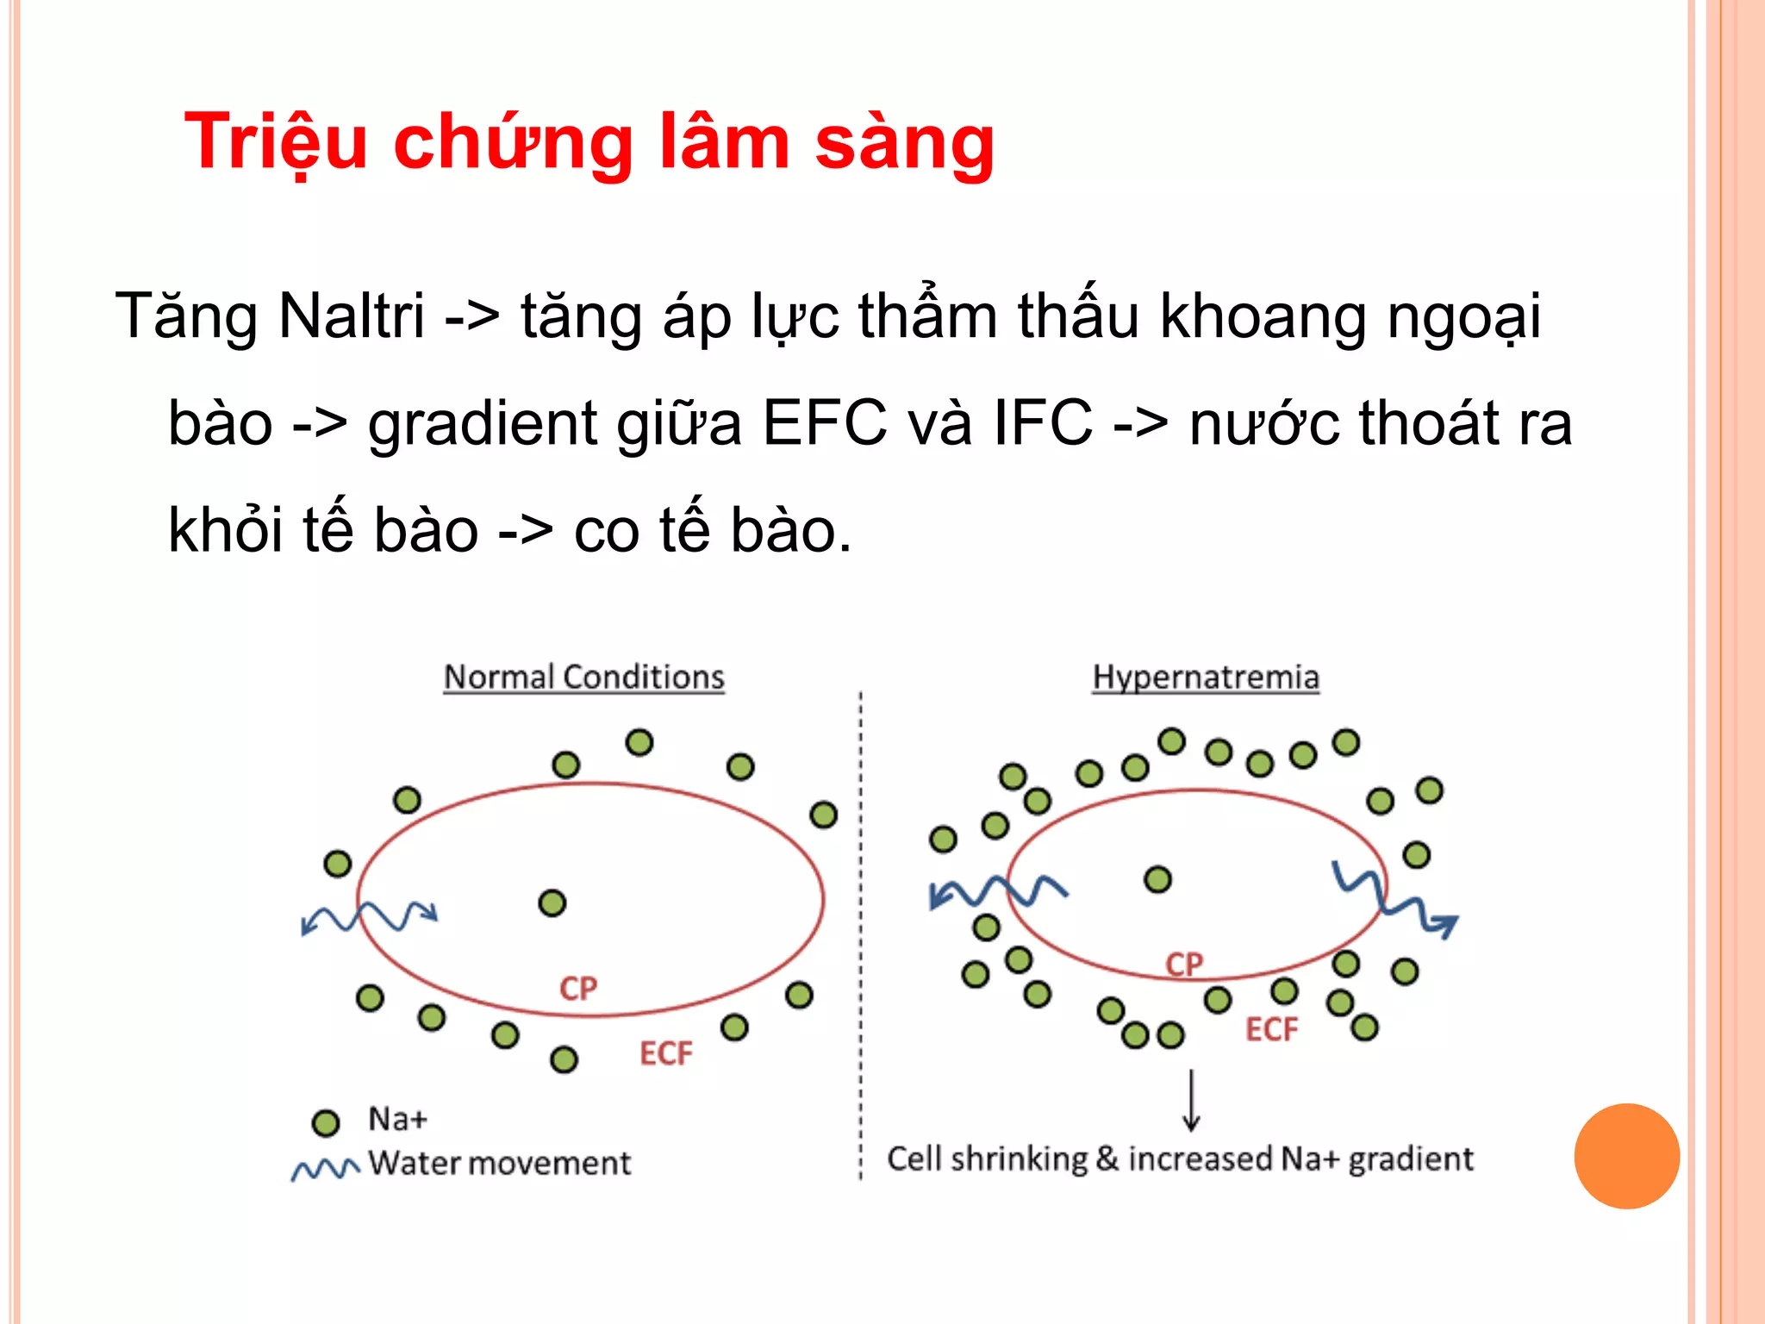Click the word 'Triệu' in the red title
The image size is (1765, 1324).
point(276,142)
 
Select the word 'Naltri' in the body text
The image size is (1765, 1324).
point(352,316)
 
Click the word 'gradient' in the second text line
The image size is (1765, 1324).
point(483,424)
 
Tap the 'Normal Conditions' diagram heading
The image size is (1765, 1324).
point(583,678)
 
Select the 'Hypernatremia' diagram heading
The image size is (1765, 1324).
point(1205,678)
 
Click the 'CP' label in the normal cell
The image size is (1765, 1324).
point(577,988)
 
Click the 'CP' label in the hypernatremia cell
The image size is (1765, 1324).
point(1183,964)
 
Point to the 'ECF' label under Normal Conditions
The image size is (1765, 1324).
point(665,1053)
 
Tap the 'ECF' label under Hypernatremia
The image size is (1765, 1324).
point(1271,1029)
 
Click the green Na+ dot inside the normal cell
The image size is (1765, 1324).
point(552,903)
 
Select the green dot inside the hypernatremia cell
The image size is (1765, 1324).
point(1157,879)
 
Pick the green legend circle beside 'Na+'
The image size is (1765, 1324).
point(325,1122)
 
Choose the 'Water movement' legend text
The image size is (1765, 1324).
point(499,1164)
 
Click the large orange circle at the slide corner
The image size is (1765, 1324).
point(1626,1156)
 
